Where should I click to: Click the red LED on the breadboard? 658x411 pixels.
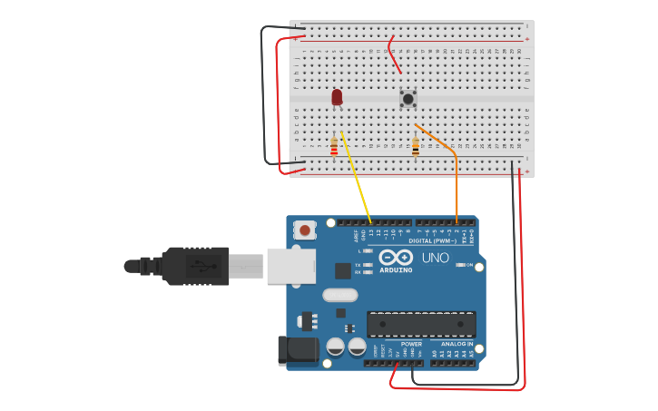point(337,96)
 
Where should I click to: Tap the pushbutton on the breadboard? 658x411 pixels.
point(408,98)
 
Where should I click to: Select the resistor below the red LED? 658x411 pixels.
point(334,146)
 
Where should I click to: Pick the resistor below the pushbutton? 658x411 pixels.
point(416,146)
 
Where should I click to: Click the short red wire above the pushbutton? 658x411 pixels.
point(393,54)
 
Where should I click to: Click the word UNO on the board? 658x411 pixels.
point(436,258)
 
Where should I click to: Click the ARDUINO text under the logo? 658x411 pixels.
point(396,269)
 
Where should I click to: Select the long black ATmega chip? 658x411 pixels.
point(421,324)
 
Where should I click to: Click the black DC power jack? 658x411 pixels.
point(298,350)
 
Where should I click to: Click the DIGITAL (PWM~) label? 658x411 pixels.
point(432,240)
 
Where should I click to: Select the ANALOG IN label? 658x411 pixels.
point(457,344)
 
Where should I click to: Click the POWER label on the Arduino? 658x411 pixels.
point(411,344)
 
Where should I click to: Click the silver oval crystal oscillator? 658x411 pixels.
point(340,294)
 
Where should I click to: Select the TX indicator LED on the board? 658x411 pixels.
point(367,265)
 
